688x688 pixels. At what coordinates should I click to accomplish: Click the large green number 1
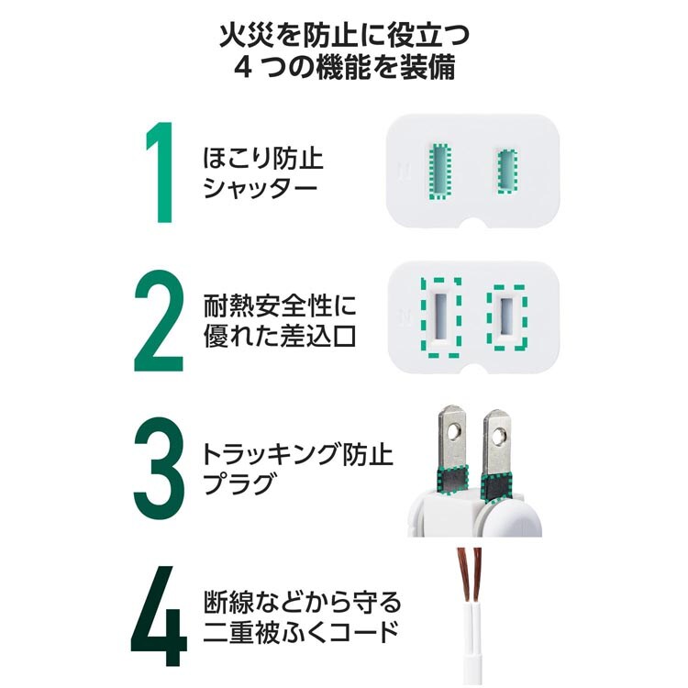click(x=161, y=172)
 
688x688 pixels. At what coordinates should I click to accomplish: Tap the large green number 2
click(x=159, y=321)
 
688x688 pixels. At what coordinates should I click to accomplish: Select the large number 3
click(x=159, y=468)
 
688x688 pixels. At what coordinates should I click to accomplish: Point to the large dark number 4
click(x=159, y=616)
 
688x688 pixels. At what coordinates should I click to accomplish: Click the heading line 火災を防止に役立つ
click(x=344, y=35)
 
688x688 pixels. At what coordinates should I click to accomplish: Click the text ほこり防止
click(x=263, y=158)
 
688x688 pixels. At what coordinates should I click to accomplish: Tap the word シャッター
click(x=260, y=189)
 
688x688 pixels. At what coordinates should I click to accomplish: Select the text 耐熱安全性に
click(x=280, y=305)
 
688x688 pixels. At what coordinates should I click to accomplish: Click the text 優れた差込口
click(x=280, y=336)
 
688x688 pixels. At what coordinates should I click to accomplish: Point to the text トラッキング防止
click(x=297, y=454)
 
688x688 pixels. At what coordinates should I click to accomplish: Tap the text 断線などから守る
click(x=303, y=602)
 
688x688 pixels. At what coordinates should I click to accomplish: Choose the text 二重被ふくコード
click(x=301, y=632)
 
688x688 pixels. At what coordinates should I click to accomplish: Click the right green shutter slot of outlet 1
click(x=507, y=172)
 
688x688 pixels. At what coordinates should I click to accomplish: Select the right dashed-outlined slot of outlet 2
click(x=506, y=317)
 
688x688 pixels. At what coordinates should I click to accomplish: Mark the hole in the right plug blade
click(x=498, y=437)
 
